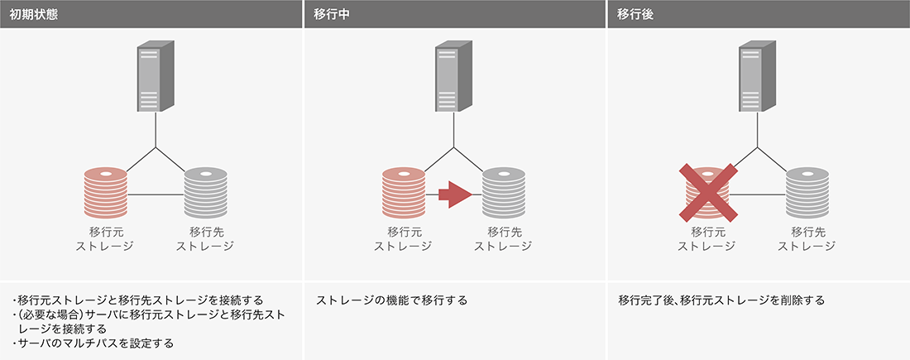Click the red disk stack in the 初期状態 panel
pos(105,194)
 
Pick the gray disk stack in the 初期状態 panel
pos(205,194)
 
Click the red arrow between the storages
pos(453,194)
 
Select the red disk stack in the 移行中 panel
pos(403,194)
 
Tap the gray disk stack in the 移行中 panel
pos(503,194)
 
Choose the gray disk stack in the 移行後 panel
pos(807,194)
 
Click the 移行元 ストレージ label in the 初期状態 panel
pos(105,238)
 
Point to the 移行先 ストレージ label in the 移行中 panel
pos(503,238)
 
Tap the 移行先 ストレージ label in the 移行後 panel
pos(807,238)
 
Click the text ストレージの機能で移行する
pos(392,300)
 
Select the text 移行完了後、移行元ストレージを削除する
pos(721,300)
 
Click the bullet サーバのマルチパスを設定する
pos(95,343)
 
